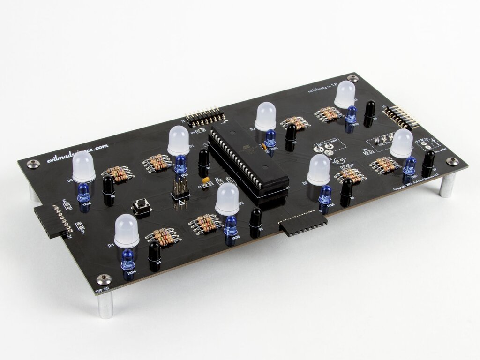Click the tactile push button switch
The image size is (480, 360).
coord(140,206)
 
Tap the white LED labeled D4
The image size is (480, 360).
coord(127,230)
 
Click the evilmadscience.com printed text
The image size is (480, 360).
coord(77,153)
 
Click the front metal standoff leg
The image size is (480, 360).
coord(106,305)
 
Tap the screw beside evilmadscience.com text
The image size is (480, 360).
coord(33,164)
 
